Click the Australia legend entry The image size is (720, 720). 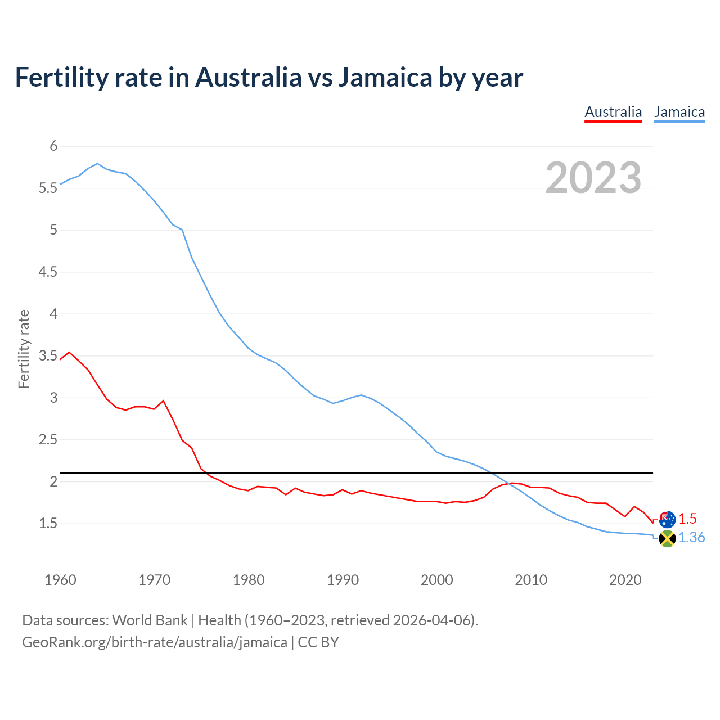613,112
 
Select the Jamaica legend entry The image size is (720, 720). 679,112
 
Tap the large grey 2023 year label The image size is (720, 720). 593,178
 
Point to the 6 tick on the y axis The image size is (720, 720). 53,146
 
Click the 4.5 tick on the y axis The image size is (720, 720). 48,272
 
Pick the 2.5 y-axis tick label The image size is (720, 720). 48,440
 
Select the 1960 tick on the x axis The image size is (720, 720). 60,580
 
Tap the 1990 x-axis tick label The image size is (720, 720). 343,580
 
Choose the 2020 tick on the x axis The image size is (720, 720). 625,580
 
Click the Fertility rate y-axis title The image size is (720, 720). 24,349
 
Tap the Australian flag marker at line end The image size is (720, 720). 667,519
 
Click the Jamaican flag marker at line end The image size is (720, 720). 667,538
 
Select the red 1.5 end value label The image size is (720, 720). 687,519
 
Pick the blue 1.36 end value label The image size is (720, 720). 691,538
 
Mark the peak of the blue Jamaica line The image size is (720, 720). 97,164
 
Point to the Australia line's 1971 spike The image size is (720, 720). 163,401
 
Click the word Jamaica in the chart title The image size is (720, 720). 385,77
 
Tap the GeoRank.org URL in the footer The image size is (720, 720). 155,642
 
